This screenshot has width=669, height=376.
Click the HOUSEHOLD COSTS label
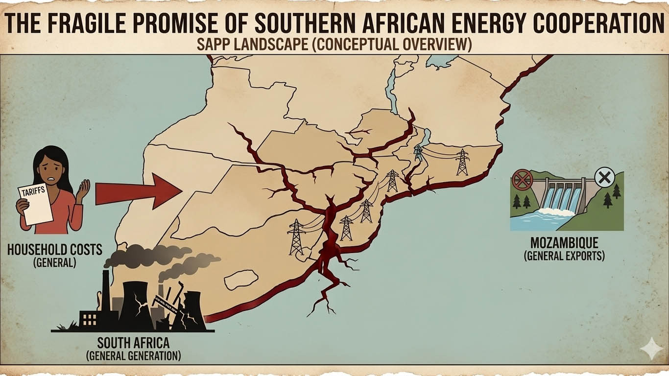55,250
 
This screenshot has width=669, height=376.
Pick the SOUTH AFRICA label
133,342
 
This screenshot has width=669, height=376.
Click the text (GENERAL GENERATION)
133,355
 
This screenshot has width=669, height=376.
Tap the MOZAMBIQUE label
564,243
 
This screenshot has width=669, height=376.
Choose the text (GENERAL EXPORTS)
564,256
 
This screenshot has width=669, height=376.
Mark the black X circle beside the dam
605,177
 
